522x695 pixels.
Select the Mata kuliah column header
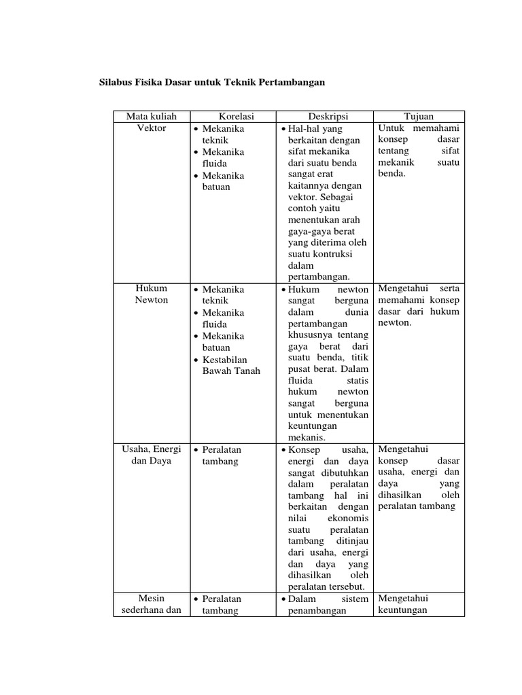coord(151,117)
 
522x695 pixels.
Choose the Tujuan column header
coord(419,117)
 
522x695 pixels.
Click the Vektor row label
coord(151,128)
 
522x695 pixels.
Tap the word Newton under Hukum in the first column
coord(151,301)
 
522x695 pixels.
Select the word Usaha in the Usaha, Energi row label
coord(137,449)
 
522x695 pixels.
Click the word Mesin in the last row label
coord(152,599)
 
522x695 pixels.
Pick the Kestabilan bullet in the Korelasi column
coord(224,359)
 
